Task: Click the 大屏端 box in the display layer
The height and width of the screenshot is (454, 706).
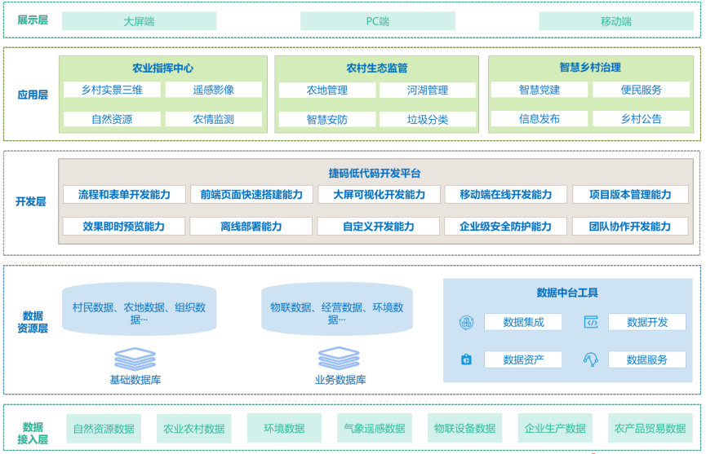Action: tap(139, 21)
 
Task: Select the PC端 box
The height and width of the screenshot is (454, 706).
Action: tap(377, 21)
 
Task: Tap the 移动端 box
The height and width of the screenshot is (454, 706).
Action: tap(615, 21)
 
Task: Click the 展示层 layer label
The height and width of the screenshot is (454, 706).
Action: tap(33, 20)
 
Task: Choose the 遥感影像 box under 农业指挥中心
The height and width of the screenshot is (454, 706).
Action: tap(213, 90)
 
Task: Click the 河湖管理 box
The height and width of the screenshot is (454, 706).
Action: tap(428, 90)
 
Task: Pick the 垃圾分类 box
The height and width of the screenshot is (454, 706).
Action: tap(428, 119)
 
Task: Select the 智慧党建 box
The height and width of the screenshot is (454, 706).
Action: tap(539, 90)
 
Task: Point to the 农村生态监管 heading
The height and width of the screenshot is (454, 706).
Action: tap(376, 68)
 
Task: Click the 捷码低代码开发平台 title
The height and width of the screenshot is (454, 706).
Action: tap(375, 173)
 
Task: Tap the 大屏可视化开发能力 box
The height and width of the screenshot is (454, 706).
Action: tap(379, 195)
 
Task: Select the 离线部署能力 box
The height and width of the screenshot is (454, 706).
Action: tap(251, 226)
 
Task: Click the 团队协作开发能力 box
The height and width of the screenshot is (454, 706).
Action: tap(629, 226)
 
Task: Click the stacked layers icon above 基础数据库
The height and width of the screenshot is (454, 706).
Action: tap(135, 359)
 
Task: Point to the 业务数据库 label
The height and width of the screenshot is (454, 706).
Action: tap(340, 380)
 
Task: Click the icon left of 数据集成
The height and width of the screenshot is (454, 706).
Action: tap(466, 323)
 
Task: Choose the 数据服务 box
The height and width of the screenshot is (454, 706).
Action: tap(646, 359)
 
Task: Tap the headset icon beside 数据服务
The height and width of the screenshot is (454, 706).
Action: tap(591, 359)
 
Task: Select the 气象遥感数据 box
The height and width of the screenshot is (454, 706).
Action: tap(374, 429)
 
